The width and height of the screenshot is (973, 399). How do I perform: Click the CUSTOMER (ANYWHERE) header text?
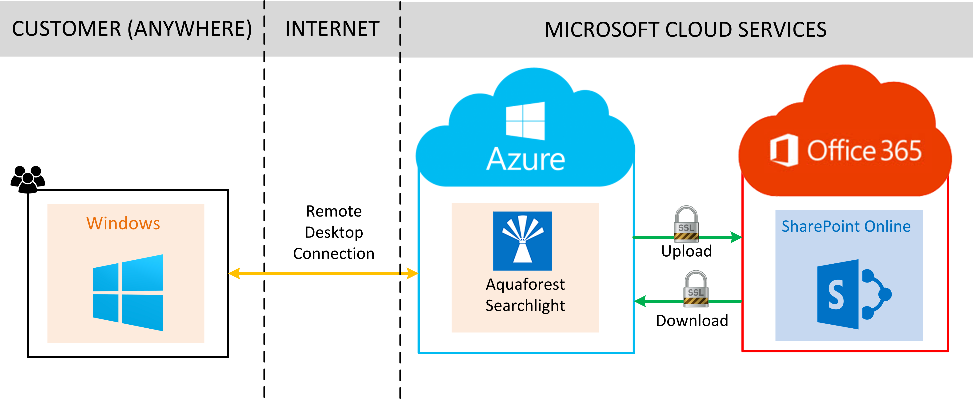coord(132,29)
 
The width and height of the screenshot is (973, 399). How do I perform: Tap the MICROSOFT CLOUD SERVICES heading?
coord(685,30)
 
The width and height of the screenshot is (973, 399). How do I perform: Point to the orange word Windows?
coord(123,223)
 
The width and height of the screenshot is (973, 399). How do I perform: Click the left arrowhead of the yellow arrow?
coord(234,273)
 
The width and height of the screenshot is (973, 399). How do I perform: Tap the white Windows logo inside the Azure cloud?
coord(525,121)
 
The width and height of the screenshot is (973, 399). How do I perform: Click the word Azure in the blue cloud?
coord(525,159)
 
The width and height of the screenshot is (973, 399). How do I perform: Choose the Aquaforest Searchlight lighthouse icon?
coord(522,241)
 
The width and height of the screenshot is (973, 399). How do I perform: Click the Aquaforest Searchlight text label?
coord(525,295)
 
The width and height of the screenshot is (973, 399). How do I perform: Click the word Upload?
coord(686,251)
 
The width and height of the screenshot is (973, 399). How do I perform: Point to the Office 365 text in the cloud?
coord(864,151)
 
